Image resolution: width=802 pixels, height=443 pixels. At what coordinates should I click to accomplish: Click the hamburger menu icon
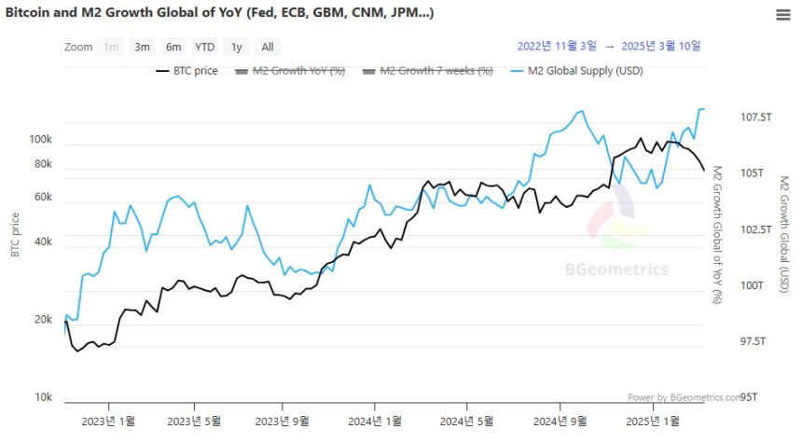pyautogui.click(x=783, y=14)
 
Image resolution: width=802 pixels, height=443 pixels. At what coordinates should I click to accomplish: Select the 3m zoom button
pyautogui.click(x=143, y=47)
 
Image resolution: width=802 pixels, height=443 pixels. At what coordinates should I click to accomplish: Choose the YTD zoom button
pyautogui.click(x=205, y=47)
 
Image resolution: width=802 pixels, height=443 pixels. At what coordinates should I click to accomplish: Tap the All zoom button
pyautogui.click(x=268, y=47)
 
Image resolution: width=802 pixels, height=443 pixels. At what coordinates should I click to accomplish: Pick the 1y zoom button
pyautogui.click(x=237, y=47)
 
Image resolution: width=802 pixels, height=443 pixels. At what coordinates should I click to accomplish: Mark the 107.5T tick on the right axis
pyautogui.click(x=756, y=118)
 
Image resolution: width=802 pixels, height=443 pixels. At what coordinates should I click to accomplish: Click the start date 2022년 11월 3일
pyautogui.click(x=556, y=46)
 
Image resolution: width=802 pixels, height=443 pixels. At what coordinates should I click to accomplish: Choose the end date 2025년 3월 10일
pyautogui.click(x=661, y=46)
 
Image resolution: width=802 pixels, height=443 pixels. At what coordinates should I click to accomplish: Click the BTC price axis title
pyautogui.click(x=15, y=235)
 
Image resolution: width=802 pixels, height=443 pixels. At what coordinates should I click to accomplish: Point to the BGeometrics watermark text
pyautogui.click(x=616, y=270)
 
